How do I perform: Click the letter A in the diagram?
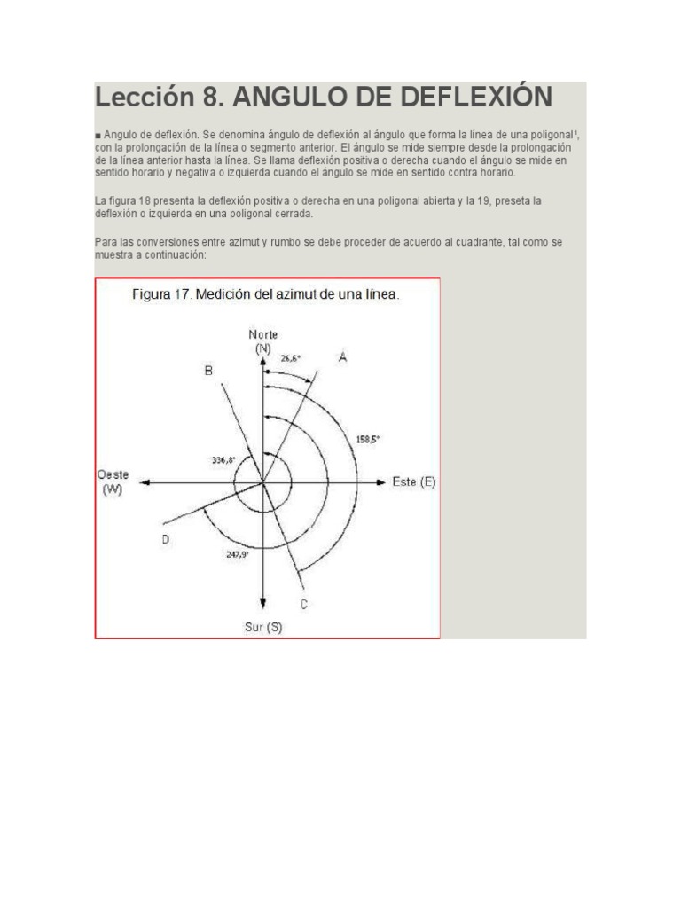[343, 357]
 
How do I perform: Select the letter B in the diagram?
[208, 371]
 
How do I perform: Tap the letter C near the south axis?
[303, 604]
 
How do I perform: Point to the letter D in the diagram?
[166, 540]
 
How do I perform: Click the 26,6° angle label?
[291, 358]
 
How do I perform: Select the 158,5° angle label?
[368, 440]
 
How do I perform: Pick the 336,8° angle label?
[223, 460]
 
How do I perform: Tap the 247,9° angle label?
[238, 554]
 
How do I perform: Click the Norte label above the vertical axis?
[262, 334]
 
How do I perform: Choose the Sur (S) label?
[263, 627]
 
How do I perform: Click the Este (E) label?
[414, 481]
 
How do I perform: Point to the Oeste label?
[113, 475]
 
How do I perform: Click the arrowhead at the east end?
[380, 481]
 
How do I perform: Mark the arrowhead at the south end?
[262, 603]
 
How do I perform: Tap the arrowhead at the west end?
[145, 481]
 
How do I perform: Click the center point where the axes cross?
[262, 481]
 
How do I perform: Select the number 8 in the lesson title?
[210, 98]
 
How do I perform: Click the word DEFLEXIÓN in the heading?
[476, 96]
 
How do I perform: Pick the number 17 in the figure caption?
[183, 294]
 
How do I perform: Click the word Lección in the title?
[145, 96]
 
